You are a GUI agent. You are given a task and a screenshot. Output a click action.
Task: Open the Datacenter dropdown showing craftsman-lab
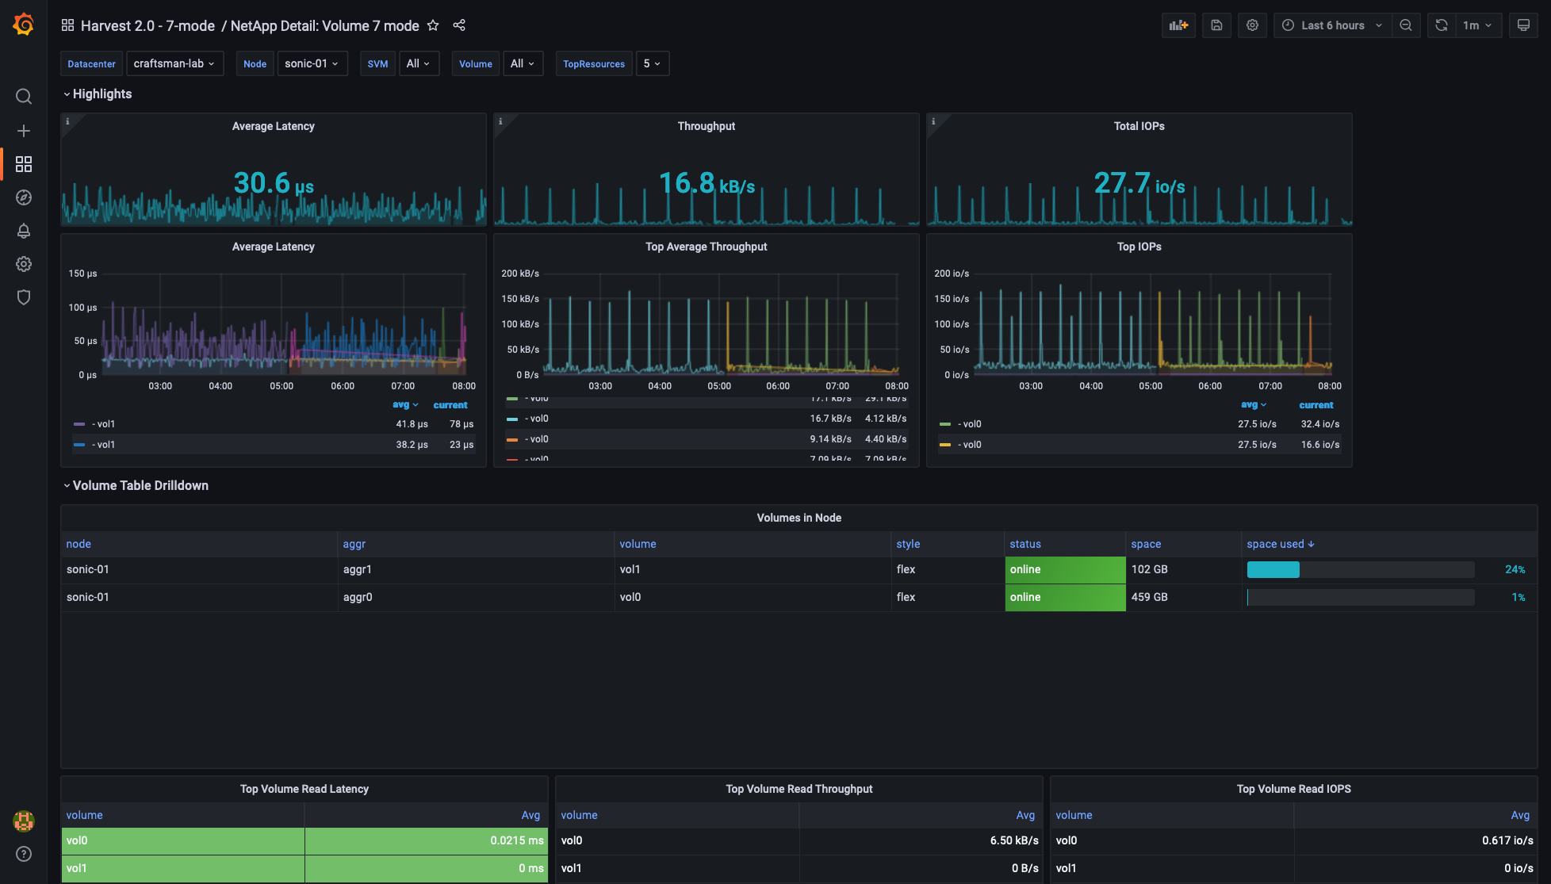tap(174, 63)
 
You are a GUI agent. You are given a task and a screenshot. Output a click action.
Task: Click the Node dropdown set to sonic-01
tap(312, 63)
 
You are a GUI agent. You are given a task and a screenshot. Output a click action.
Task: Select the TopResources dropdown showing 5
tap(652, 63)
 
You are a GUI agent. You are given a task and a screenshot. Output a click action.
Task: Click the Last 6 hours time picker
tap(1332, 25)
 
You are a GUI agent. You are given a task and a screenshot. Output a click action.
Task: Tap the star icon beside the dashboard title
tap(433, 25)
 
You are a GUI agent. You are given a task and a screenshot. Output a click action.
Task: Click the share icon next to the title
tap(459, 25)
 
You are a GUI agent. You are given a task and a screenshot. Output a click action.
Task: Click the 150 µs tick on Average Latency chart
tap(82, 274)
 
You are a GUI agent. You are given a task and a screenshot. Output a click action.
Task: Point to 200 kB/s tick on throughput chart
tap(519, 274)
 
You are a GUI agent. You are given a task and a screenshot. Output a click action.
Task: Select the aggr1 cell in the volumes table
tap(358, 569)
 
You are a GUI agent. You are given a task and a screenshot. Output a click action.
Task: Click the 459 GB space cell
tap(1149, 597)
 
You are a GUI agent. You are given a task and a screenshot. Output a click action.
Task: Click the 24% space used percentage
tap(1515, 569)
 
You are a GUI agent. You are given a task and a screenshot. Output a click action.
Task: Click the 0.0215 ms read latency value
tap(516, 840)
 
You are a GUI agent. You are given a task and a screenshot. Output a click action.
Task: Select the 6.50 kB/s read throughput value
tap(1013, 840)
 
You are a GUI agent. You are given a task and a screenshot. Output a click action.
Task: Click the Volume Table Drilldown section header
tap(140, 485)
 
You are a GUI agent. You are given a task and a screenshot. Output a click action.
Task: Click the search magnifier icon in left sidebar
tap(24, 97)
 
